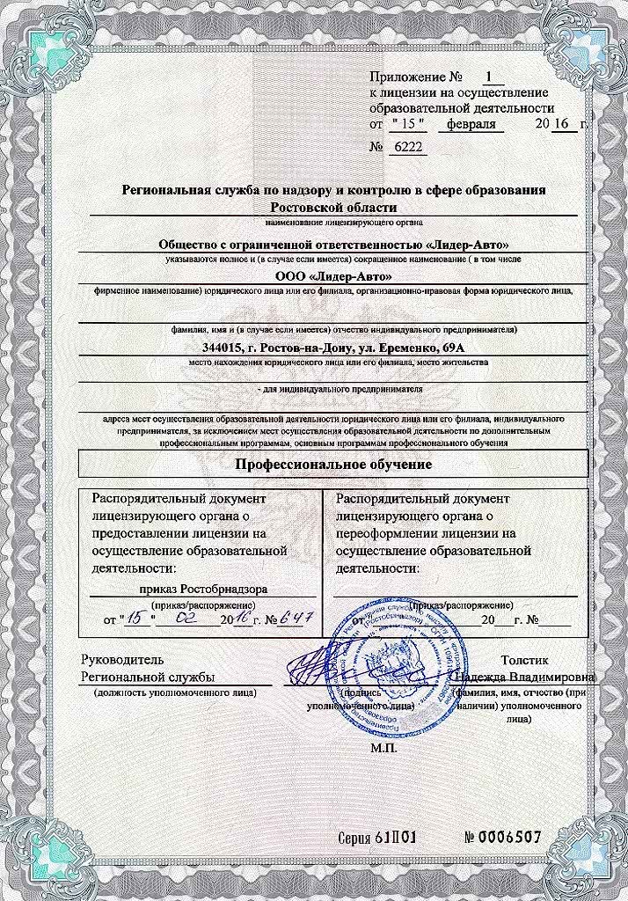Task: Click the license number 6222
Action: click(x=407, y=147)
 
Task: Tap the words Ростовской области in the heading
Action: click(x=333, y=208)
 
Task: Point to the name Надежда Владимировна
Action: click(x=527, y=677)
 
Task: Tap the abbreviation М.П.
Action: click(x=385, y=748)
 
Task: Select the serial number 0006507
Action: click(x=502, y=836)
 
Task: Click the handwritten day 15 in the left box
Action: click(x=135, y=619)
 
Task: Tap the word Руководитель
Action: click(x=121, y=659)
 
